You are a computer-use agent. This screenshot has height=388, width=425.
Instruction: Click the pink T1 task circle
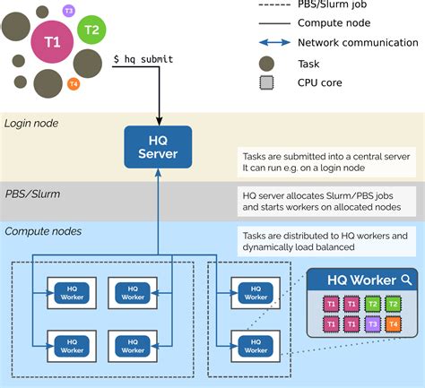52,41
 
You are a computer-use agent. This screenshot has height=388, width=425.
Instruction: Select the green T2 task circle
91,30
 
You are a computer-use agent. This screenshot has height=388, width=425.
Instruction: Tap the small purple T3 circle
69,10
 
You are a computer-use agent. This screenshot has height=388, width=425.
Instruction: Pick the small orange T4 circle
74,83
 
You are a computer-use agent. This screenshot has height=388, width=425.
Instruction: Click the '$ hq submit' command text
143,59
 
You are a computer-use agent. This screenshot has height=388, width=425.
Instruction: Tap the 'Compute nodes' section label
42,231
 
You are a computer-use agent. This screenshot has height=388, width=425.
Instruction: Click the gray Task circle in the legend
265,63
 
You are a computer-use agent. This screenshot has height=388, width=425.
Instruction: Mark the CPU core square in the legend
265,83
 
